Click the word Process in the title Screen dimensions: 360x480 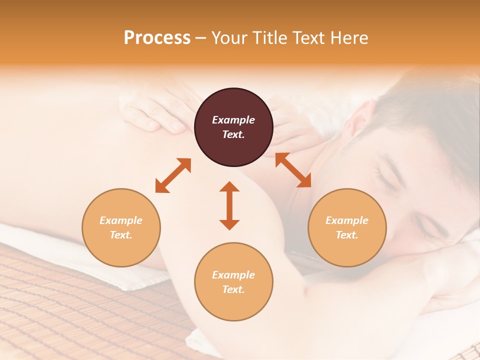click(157, 37)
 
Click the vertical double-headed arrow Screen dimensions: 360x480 click(229, 205)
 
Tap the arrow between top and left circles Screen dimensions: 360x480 click(173, 175)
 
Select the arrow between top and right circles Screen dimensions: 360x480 click(293, 170)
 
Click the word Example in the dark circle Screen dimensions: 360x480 click(233, 120)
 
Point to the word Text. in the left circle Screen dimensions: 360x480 click(121, 235)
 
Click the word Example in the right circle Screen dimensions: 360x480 click(347, 220)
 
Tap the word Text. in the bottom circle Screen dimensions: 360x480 click(233, 289)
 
